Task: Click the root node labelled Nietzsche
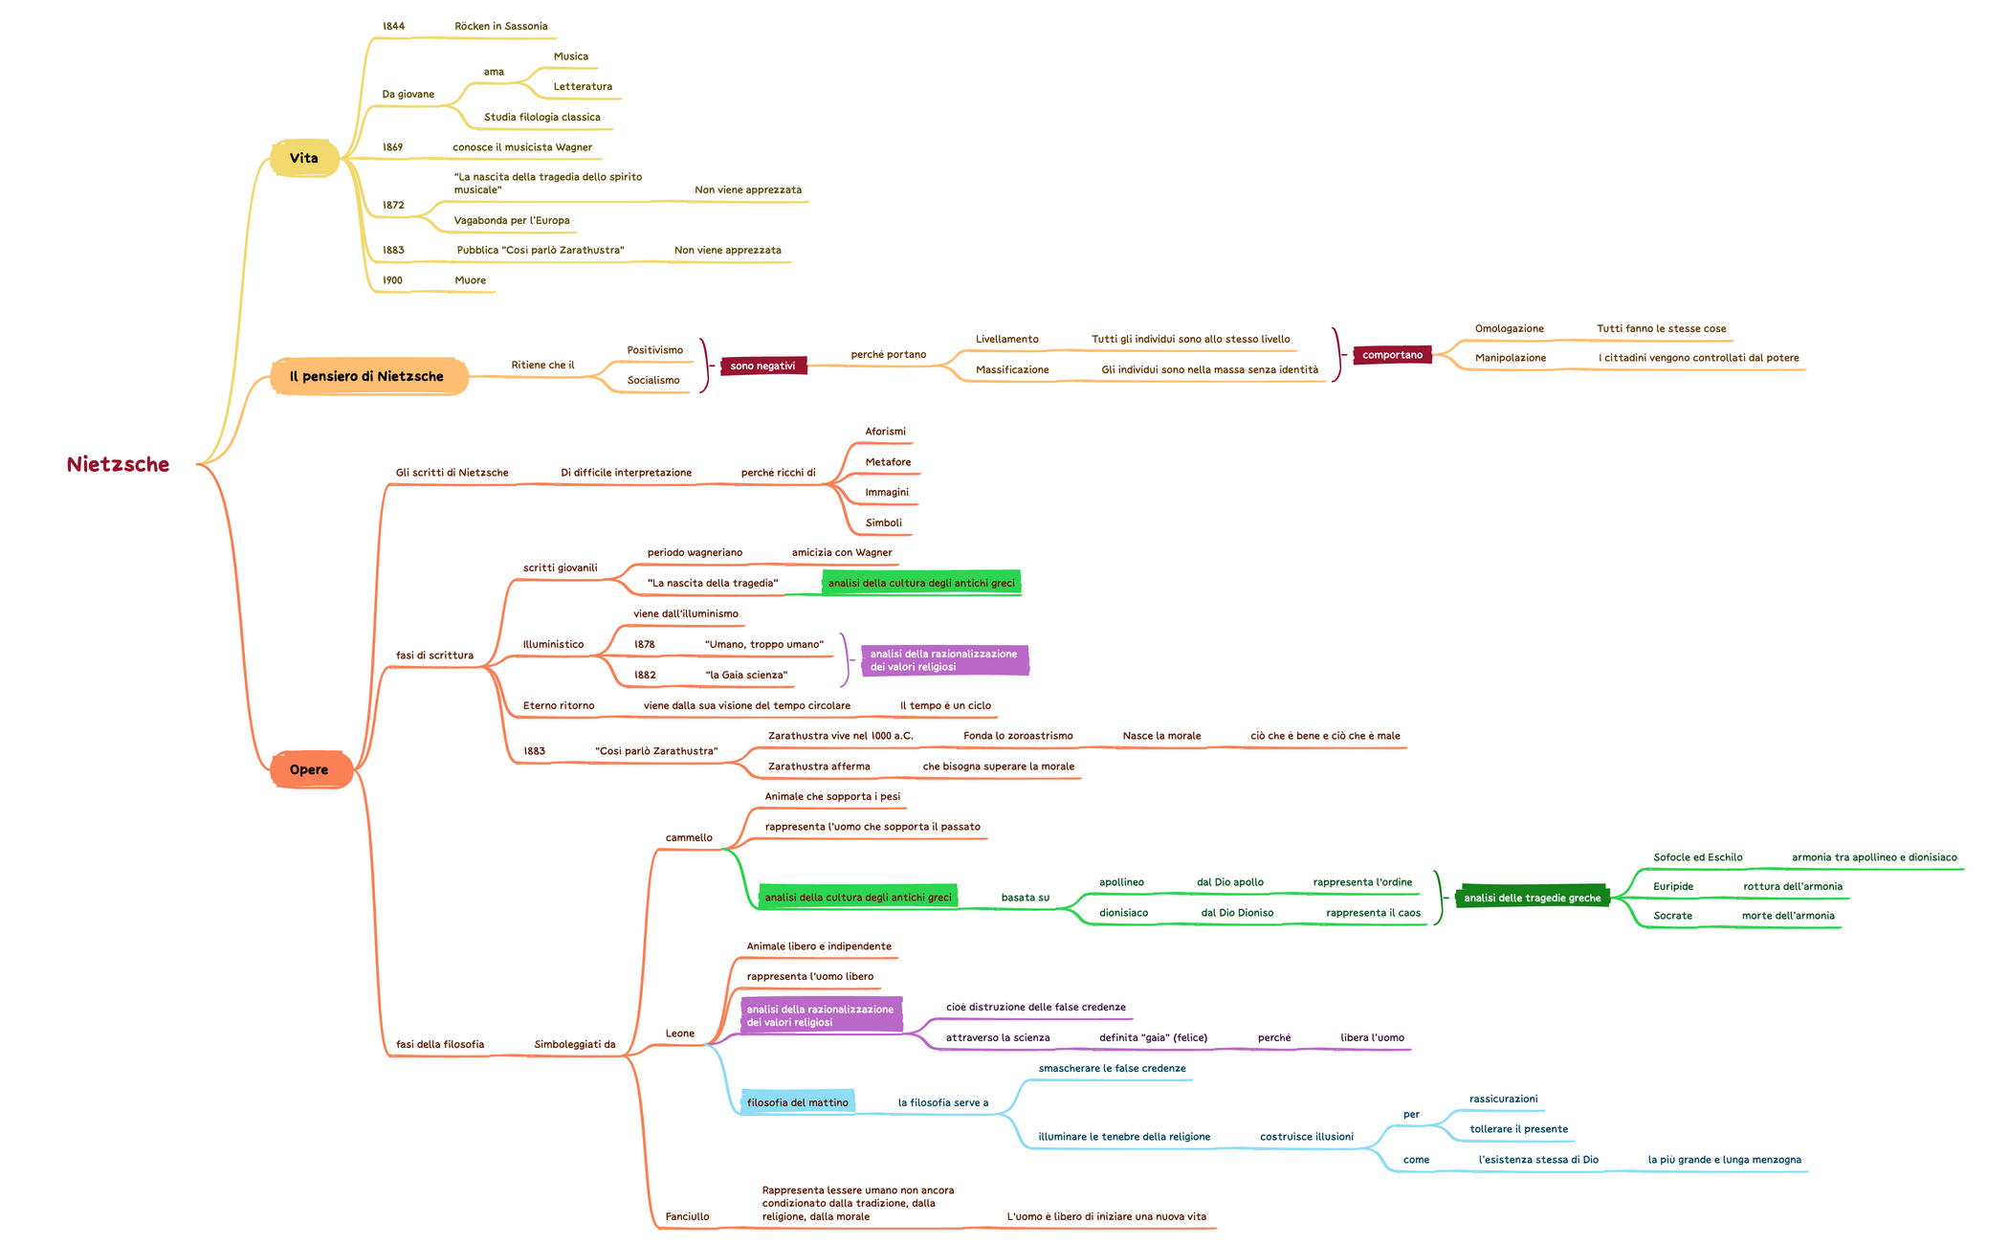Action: [118, 465]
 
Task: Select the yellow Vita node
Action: [304, 159]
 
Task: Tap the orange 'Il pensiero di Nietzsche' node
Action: [367, 377]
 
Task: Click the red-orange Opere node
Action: [309, 770]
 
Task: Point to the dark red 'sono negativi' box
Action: [762, 367]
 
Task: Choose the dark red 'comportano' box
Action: [1392, 355]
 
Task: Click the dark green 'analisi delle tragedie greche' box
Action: [1532, 899]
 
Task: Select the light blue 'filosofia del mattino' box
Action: [797, 1103]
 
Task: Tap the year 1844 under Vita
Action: [393, 27]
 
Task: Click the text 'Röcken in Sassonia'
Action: [500, 27]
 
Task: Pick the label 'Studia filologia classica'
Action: [541, 118]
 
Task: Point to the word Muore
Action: [470, 281]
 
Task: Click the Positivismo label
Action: [654, 351]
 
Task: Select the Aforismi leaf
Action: [885, 433]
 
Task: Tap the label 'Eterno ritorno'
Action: [559, 706]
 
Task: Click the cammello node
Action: [689, 838]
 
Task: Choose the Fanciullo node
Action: [687, 1217]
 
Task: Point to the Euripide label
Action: [1673, 887]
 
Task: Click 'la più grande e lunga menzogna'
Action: [1724, 1161]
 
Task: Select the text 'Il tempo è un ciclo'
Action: [945, 706]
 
